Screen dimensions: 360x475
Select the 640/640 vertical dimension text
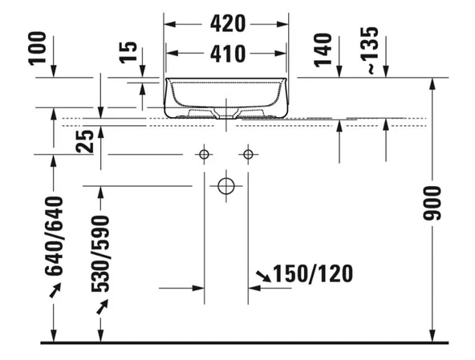[54, 236]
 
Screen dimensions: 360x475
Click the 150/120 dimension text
[313, 274]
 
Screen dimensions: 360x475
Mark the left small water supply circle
[205, 153]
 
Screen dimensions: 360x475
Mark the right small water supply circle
[248, 153]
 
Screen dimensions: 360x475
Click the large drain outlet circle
[226, 186]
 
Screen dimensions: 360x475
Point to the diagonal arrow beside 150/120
[262, 277]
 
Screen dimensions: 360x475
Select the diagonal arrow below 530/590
[102, 305]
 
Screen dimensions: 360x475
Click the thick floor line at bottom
[241, 343]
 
